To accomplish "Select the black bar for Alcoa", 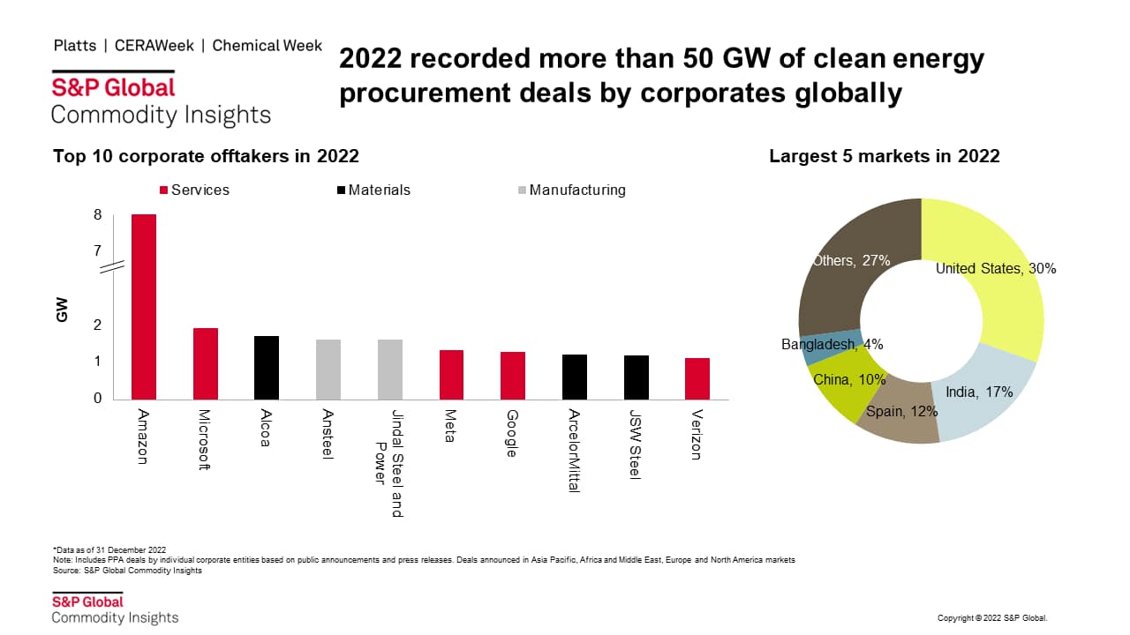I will point(267,368).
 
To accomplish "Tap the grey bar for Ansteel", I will point(328,370).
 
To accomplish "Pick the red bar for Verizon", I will point(697,379).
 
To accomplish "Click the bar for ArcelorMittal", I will point(575,377).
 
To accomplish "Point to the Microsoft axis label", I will point(204,440).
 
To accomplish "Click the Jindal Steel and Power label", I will point(389,463).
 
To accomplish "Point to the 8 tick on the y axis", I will point(97,215).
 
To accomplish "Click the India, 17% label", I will point(979,392).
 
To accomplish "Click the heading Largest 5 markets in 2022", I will point(884,156).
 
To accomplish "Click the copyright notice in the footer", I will point(991,618).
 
